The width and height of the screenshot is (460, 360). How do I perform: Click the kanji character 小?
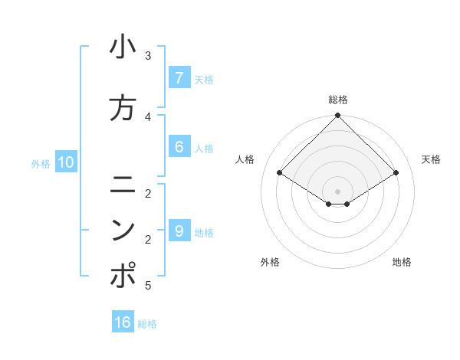[123, 47]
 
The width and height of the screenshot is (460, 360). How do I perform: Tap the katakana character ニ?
[123, 185]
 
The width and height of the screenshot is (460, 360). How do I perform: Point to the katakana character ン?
[123, 230]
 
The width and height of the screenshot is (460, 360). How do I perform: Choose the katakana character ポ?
[123, 276]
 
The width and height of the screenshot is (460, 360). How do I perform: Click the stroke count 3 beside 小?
[148, 56]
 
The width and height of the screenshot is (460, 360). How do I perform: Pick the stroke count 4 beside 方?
[148, 116]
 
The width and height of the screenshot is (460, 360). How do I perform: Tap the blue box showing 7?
[179, 77]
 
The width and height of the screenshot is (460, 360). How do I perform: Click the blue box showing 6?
[179, 146]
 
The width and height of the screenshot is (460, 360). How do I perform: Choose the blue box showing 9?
[179, 231]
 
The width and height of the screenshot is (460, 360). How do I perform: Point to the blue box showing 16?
[123, 322]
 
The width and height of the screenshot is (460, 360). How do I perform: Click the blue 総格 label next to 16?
[147, 324]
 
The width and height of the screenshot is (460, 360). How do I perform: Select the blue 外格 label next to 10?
[41, 163]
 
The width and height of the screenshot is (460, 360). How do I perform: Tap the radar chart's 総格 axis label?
[338, 100]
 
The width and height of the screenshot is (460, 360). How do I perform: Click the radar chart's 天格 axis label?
[431, 159]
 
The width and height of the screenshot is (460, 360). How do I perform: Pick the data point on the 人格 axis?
[280, 172]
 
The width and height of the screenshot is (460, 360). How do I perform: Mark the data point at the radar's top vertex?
[338, 116]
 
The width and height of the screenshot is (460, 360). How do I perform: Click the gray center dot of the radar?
[338, 191]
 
